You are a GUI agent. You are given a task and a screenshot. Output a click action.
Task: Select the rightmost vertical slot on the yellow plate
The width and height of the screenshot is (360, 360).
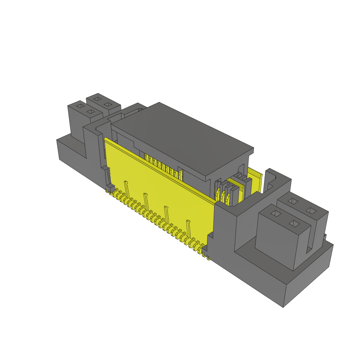coord(188,229)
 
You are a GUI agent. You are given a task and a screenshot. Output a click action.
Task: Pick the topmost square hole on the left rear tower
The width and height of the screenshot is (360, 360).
coord(97,99)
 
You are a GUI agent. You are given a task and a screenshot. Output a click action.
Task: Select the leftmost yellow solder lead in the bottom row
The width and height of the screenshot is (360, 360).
coord(107,191)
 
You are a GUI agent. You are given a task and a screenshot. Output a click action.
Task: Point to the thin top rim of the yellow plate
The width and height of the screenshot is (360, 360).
coord(158,165)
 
